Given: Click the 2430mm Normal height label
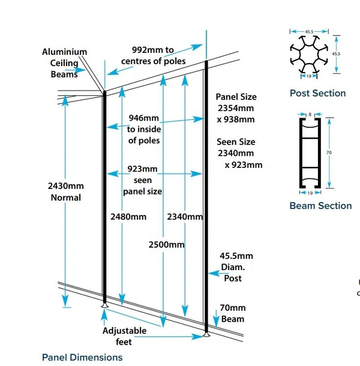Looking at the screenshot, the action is pos(66,191).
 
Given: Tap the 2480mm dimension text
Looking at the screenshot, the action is pos(128,217).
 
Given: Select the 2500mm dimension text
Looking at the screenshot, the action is pos(166,245).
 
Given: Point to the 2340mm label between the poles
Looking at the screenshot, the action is pos(185,217).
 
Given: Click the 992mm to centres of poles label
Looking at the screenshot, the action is pos(153,56).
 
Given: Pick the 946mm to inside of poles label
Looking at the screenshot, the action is pos(144,129).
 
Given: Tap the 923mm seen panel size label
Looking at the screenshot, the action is pos(142,180).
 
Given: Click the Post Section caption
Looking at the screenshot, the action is pos(317,93).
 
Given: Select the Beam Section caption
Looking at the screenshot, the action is pos(320,206).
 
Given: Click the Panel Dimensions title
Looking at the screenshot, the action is pos(82,358).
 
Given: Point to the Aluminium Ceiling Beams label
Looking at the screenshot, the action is pos(64,63).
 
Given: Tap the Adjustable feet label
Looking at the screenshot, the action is pos(124,337).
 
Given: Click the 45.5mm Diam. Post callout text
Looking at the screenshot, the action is pos(236,267).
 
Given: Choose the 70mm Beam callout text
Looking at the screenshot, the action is pos(233,313).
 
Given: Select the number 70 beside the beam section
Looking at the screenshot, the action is pos(329,152).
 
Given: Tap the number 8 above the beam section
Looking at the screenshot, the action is pos(310,115).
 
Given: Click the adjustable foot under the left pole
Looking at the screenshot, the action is pos(104,305).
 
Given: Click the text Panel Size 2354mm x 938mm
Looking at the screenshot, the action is pos(236,108).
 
